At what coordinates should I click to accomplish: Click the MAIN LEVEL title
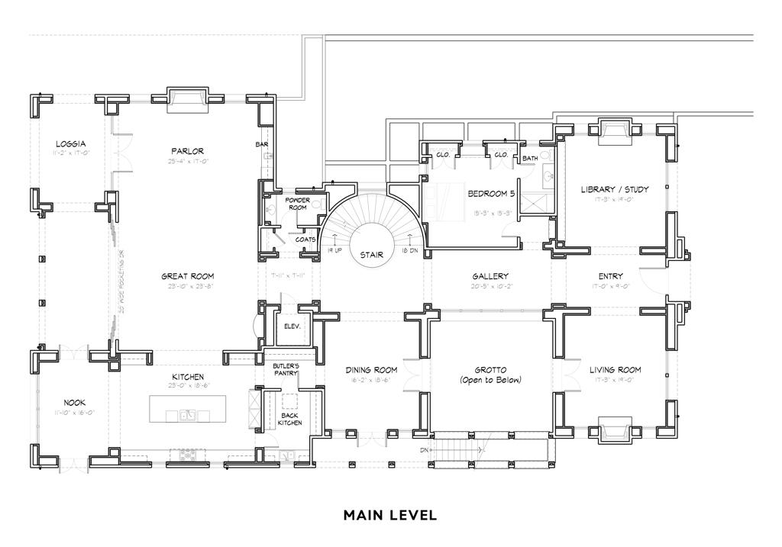(390, 515)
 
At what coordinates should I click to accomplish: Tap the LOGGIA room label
(70, 143)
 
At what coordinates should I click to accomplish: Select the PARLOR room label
(187, 151)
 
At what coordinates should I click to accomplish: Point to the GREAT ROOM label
(187, 276)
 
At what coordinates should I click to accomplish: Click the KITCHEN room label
(187, 377)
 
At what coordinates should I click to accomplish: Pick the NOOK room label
(74, 402)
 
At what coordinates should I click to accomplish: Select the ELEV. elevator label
(291, 326)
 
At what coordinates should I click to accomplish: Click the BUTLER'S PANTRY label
(286, 371)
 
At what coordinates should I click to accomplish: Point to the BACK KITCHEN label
(289, 418)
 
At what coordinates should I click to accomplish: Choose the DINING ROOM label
(370, 370)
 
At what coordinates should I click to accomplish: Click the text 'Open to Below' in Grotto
(490, 380)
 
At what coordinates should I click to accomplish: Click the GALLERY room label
(490, 276)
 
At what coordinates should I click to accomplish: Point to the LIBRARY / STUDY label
(615, 189)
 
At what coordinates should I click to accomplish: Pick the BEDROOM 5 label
(492, 193)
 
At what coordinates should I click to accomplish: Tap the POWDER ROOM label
(296, 203)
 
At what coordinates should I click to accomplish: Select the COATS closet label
(305, 239)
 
